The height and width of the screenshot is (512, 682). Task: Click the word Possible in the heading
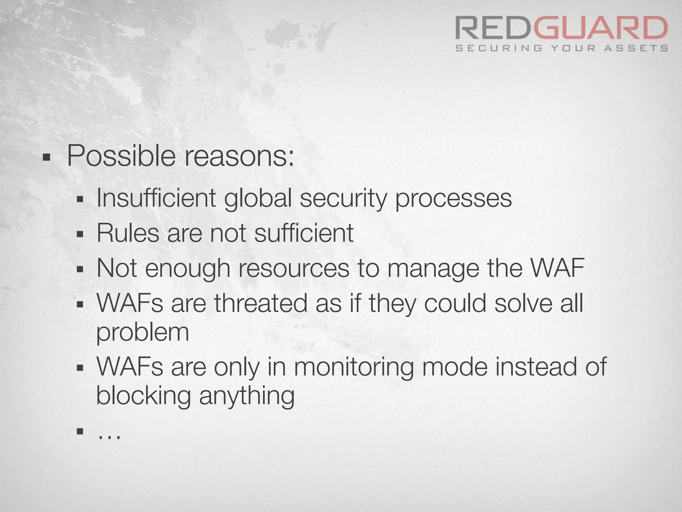(121, 156)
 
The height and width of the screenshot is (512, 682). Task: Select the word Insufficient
(156, 198)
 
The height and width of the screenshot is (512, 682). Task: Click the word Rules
(128, 233)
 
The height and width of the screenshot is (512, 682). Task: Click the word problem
(143, 333)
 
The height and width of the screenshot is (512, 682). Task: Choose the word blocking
(144, 396)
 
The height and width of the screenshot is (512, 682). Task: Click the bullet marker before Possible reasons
(46, 157)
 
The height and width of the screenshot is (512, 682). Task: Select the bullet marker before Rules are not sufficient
(80, 234)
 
